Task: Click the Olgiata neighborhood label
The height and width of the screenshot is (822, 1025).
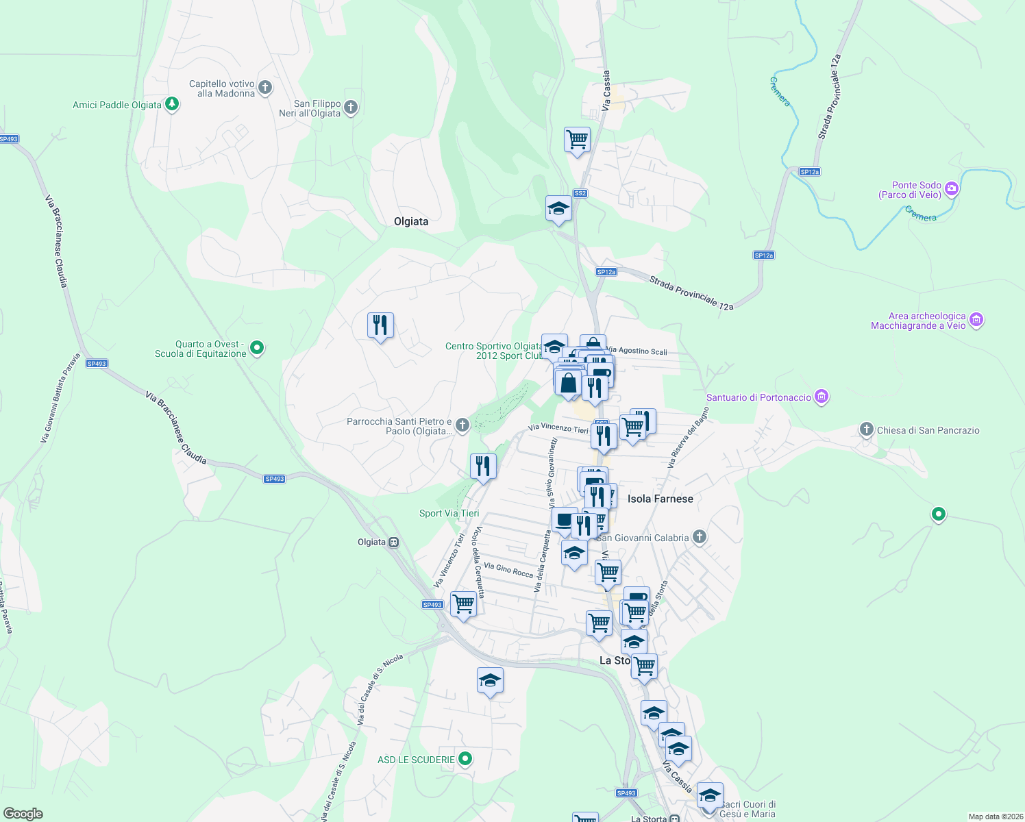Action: [x=411, y=221]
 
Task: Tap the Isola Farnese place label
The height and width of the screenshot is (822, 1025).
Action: [x=660, y=499]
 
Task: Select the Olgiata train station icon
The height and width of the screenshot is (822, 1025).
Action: [x=394, y=542]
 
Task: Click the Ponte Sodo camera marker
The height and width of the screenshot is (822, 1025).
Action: [x=951, y=188]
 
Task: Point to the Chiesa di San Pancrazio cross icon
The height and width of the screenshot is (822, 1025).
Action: [x=867, y=429]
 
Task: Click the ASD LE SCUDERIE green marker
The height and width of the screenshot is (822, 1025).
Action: [x=465, y=758]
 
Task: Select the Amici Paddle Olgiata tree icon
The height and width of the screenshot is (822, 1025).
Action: [x=172, y=104]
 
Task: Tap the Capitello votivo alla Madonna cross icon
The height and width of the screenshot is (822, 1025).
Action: [x=265, y=88]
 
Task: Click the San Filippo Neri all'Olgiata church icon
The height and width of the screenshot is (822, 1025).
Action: [x=351, y=107]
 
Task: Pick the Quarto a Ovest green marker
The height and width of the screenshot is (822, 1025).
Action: [x=257, y=348]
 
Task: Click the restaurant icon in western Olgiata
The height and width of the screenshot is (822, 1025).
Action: [x=380, y=325]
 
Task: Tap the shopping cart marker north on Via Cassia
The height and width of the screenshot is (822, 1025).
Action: [x=577, y=139]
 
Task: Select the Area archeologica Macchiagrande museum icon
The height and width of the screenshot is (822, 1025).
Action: [x=976, y=319]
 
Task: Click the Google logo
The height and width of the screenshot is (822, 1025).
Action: [x=23, y=814]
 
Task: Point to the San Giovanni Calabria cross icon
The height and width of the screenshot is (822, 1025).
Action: [x=700, y=536]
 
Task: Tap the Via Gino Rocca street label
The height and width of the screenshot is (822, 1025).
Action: [x=508, y=570]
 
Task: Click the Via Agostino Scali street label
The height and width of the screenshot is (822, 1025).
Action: [x=637, y=351]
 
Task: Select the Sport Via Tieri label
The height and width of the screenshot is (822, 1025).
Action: [x=449, y=513]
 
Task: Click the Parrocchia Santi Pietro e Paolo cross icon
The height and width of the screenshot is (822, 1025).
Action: [x=462, y=425]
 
